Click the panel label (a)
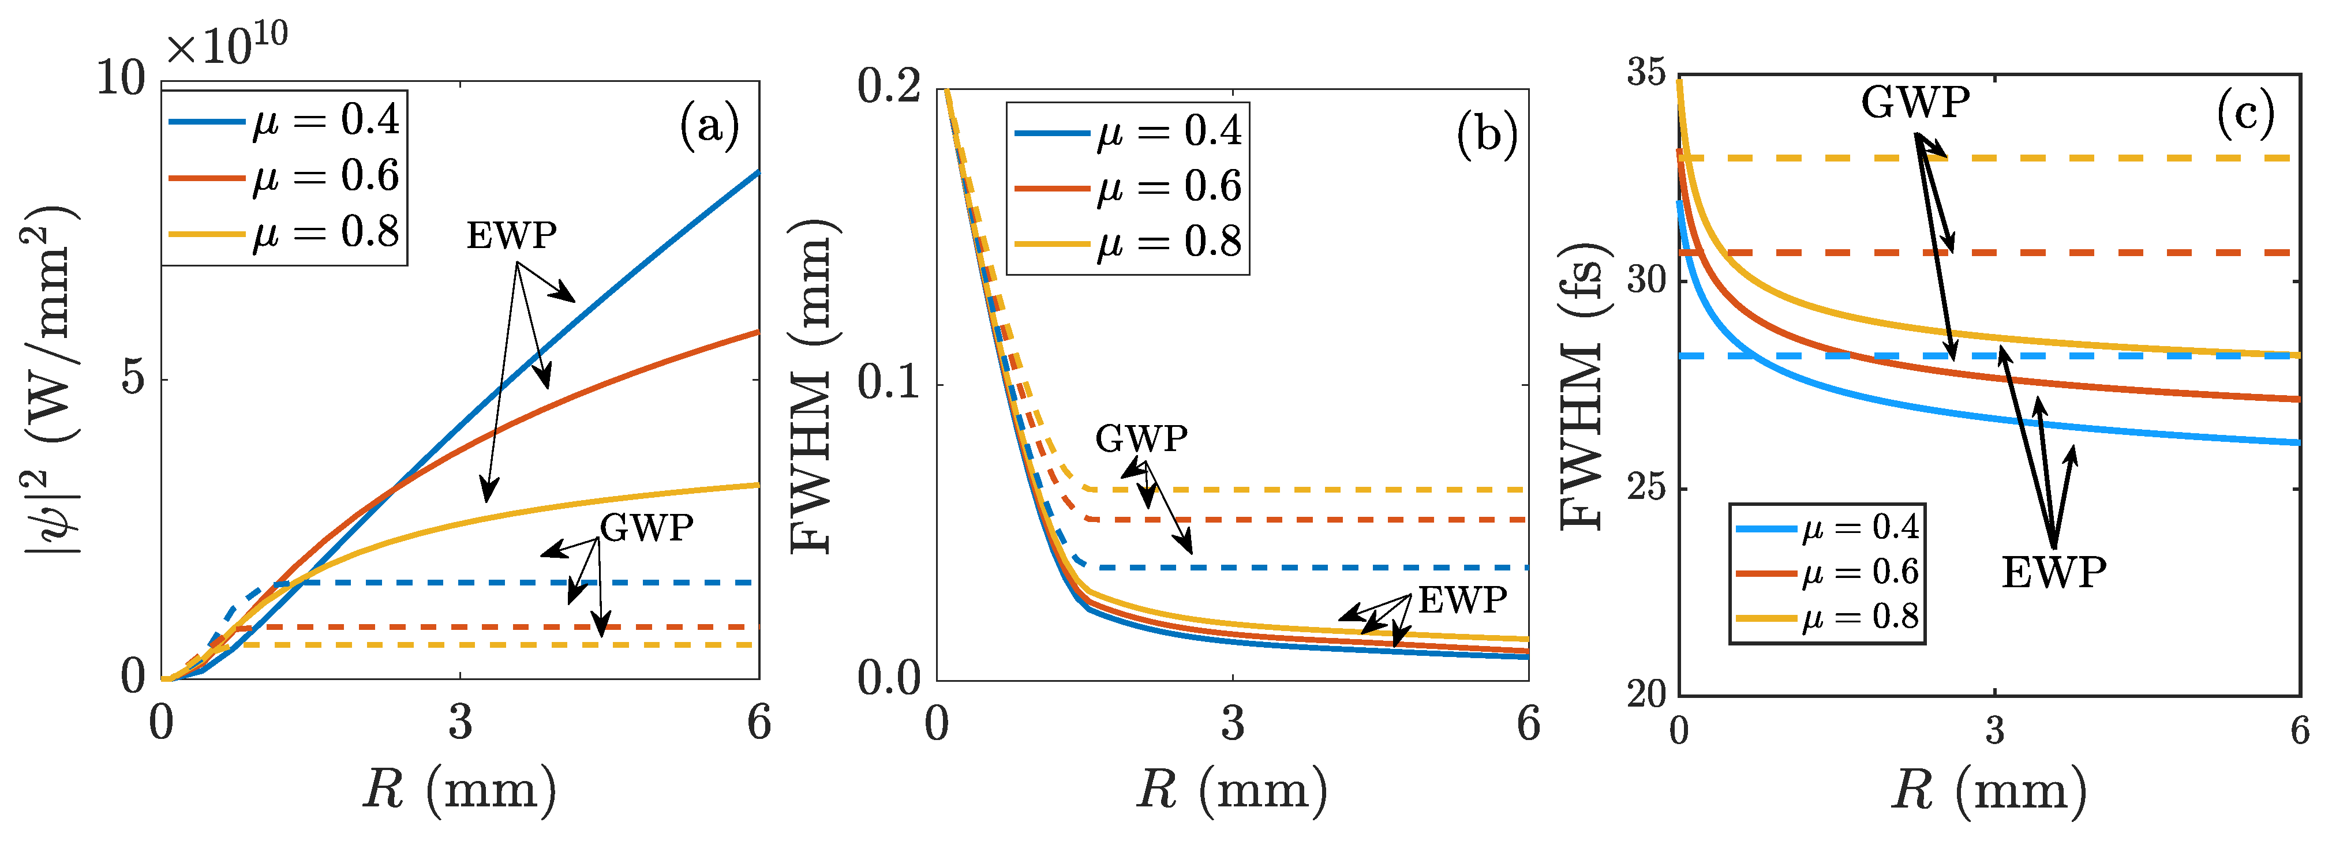point(709,126)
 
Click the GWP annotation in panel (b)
point(1141,439)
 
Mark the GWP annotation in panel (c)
point(1915,102)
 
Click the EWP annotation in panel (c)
point(2053,573)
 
